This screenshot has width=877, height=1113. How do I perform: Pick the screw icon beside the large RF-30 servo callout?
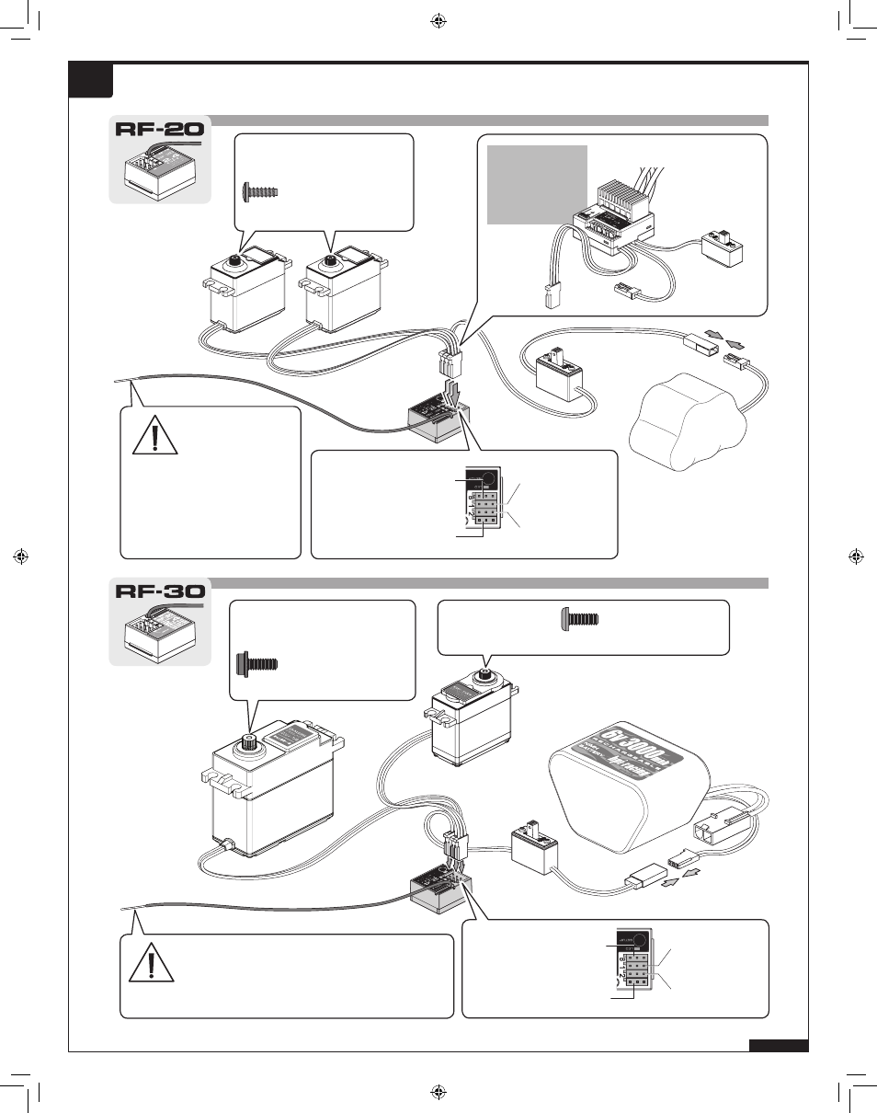click(x=257, y=663)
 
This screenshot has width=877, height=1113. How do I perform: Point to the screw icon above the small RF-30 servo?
click(x=579, y=621)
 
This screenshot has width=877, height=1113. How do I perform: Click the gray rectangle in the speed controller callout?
click(x=537, y=184)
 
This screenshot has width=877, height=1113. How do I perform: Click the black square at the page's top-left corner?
click(x=91, y=80)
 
